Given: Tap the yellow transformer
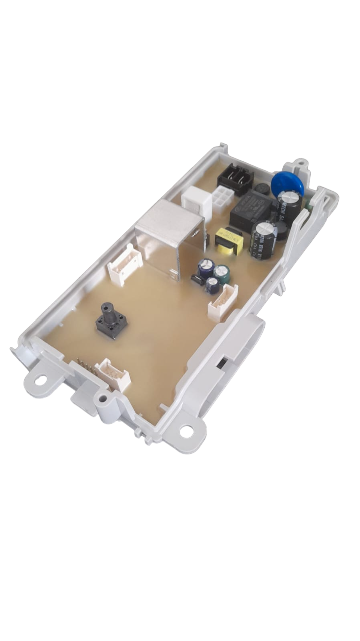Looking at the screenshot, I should pos(229,241).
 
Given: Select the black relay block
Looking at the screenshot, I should pos(250,210).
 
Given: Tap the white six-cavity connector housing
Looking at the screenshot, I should pos(221,201).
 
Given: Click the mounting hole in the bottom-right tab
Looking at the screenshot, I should pos(187,430).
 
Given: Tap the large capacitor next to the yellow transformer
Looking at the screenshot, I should pos(263,239).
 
